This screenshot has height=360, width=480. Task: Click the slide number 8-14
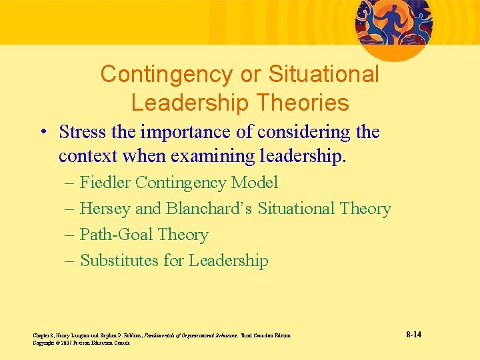[x=413, y=334]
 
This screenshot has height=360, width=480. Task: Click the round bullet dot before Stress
[x=43, y=133]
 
